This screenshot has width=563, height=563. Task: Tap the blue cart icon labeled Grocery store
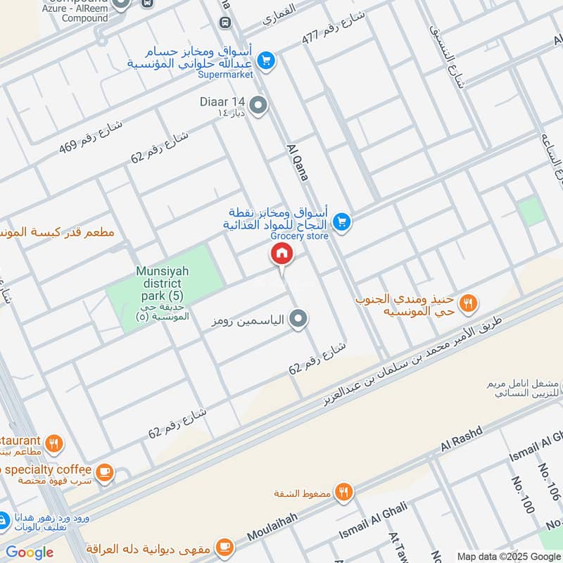(341, 222)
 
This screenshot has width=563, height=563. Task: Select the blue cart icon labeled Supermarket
(265, 61)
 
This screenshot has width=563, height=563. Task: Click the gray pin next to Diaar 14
(259, 106)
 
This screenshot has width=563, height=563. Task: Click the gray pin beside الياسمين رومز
(299, 320)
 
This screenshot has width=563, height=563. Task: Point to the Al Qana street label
(296, 163)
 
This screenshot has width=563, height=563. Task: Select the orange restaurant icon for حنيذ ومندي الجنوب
(467, 303)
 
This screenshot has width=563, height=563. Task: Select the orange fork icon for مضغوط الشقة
(343, 492)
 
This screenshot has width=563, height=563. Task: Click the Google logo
(30, 552)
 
